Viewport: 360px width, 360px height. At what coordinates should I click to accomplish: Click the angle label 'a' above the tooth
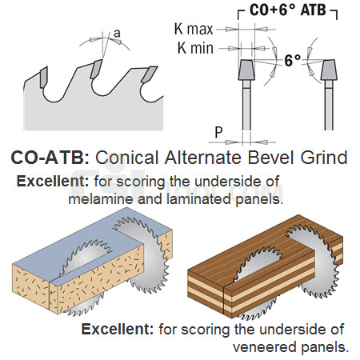(x=117, y=34)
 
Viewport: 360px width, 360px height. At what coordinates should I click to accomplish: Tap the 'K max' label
(x=194, y=29)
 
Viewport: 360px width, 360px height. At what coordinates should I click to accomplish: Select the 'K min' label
(x=195, y=48)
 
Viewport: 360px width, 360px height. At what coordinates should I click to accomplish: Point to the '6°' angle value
(x=293, y=61)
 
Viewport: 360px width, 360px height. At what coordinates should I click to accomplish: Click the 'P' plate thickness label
(x=218, y=132)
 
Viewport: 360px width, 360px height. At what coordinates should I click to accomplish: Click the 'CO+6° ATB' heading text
(x=288, y=10)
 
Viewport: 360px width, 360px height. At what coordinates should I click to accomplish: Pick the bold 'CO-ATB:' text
(x=50, y=158)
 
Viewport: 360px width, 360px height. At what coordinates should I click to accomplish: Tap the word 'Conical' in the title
(x=127, y=158)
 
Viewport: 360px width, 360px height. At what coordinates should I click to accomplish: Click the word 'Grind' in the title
(x=324, y=158)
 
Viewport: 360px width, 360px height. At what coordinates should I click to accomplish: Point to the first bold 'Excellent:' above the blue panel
(x=53, y=182)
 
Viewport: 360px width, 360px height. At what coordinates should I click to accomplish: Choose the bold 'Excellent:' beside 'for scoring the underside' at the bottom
(x=118, y=329)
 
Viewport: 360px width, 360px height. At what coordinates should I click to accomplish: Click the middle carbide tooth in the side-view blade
(x=96, y=69)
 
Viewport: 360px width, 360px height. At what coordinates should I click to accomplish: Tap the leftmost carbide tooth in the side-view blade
(x=44, y=77)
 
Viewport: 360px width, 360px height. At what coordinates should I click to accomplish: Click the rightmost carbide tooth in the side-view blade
(x=149, y=74)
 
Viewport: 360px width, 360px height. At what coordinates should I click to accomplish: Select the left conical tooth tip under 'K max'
(x=246, y=70)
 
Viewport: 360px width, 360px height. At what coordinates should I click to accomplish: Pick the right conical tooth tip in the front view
(x=329, y=70)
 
